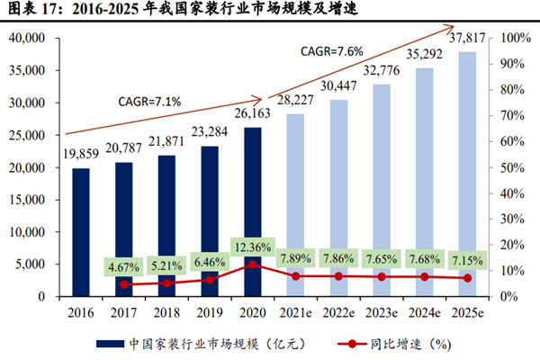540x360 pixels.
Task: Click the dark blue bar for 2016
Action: (81, 232)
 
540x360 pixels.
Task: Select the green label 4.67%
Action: (124, 266)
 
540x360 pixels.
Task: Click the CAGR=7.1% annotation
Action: (149, 101)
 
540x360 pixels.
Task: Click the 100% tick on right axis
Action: (515, 39)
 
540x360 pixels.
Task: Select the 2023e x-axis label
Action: (382, 311)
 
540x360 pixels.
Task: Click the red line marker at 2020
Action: (254, 265)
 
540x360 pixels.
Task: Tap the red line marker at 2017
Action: (123, 284)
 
